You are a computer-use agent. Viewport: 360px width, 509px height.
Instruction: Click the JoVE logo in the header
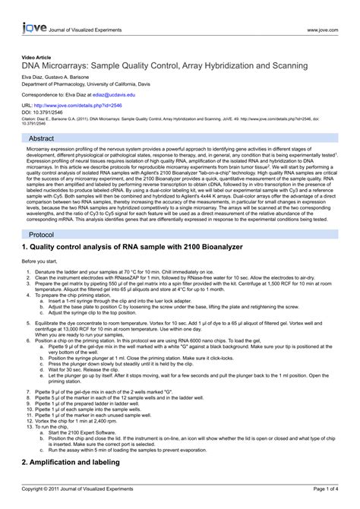click(x=32, y=11)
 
